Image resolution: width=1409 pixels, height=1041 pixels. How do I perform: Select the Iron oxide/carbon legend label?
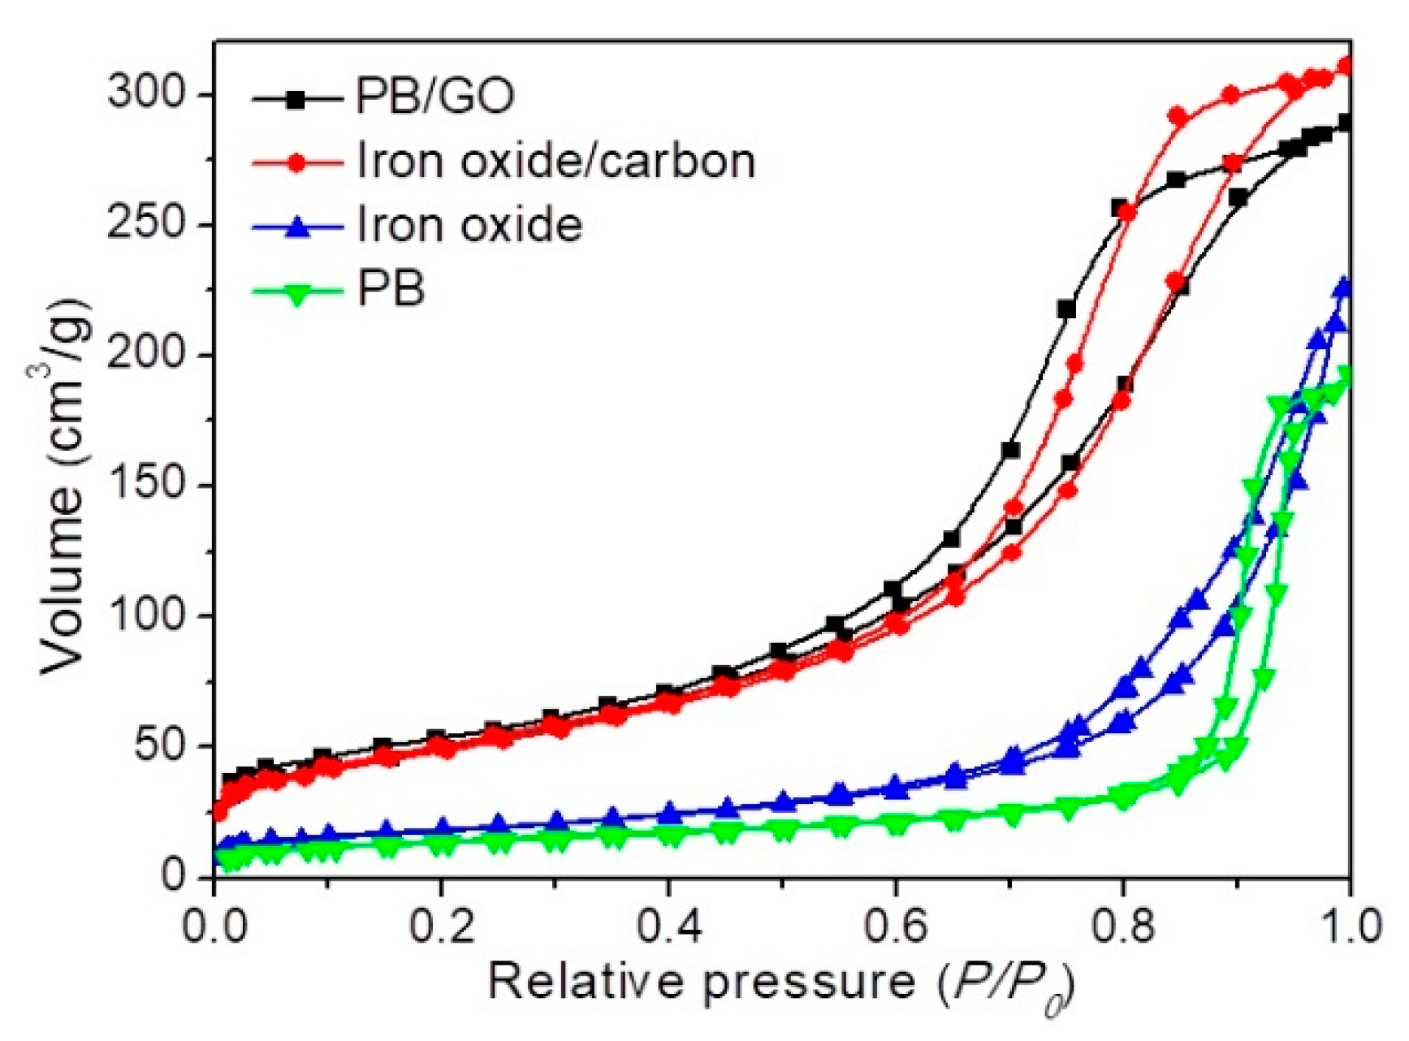click(555, 162)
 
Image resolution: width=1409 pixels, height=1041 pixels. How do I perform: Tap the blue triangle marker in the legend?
click(298, 227)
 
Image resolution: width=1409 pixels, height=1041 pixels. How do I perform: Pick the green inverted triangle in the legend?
click(298, 292)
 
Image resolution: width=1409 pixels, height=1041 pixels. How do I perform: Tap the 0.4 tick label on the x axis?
click(668, 926)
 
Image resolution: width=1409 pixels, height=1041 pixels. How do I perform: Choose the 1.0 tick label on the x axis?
click(1348, 926)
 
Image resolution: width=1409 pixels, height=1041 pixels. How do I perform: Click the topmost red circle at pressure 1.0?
click(1345, 67)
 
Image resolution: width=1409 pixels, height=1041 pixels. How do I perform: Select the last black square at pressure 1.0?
click(1345, 123)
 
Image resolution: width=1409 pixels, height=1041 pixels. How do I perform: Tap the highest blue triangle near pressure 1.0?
click(1343, 287)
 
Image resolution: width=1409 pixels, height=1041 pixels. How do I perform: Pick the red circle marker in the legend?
click(298, 162)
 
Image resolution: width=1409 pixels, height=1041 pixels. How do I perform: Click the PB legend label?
click(391, 290)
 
